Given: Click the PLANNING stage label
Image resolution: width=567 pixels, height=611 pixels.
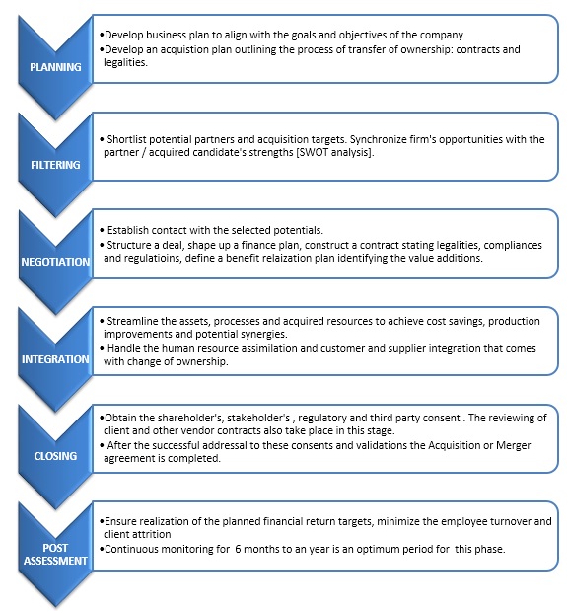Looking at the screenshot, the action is pyautogui.click(x=55, y=67).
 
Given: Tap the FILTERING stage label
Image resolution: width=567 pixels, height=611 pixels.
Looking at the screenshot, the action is pyautogui.click(x=55, y=165).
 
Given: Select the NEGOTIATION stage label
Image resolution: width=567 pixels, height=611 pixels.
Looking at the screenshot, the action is pyautogui.click(x=55, y=262).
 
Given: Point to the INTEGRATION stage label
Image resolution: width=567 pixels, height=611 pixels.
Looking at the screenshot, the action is pyautogui.click(x=55, y=359).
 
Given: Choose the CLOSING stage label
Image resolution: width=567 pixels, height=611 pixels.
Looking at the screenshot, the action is pyautogui.click(x=55, y=456).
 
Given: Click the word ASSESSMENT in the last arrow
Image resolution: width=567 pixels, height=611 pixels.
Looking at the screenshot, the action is pyautogui.click(x=55, y=561).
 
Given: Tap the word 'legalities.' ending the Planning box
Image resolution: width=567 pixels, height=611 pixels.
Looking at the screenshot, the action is pyautogui.click(x=125, y=63).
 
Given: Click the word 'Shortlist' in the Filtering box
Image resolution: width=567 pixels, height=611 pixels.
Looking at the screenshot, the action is pyautogui.click(x=126, y=139).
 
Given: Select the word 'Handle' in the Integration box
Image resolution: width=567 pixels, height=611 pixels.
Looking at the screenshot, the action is pyautogui.click(x=122, y=348).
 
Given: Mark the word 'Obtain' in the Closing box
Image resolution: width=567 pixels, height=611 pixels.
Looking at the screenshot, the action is pyautogui.click(x=120, y=418).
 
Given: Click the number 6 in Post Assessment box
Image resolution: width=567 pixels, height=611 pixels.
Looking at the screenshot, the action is pyautogui.click(x=238, y=549).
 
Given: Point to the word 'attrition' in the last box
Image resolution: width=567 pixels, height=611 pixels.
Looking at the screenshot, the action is pyautogui.click(x=153, y=534).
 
